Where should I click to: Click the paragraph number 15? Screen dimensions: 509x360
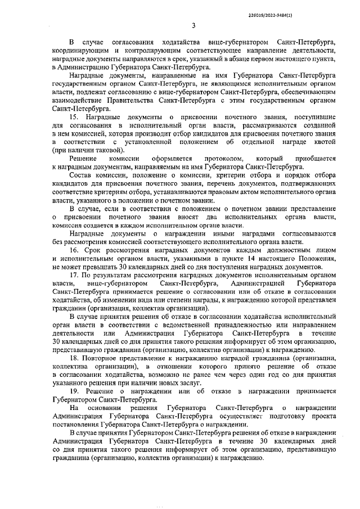click(74, 115)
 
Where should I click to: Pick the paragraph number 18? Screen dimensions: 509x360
click(74, 358)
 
